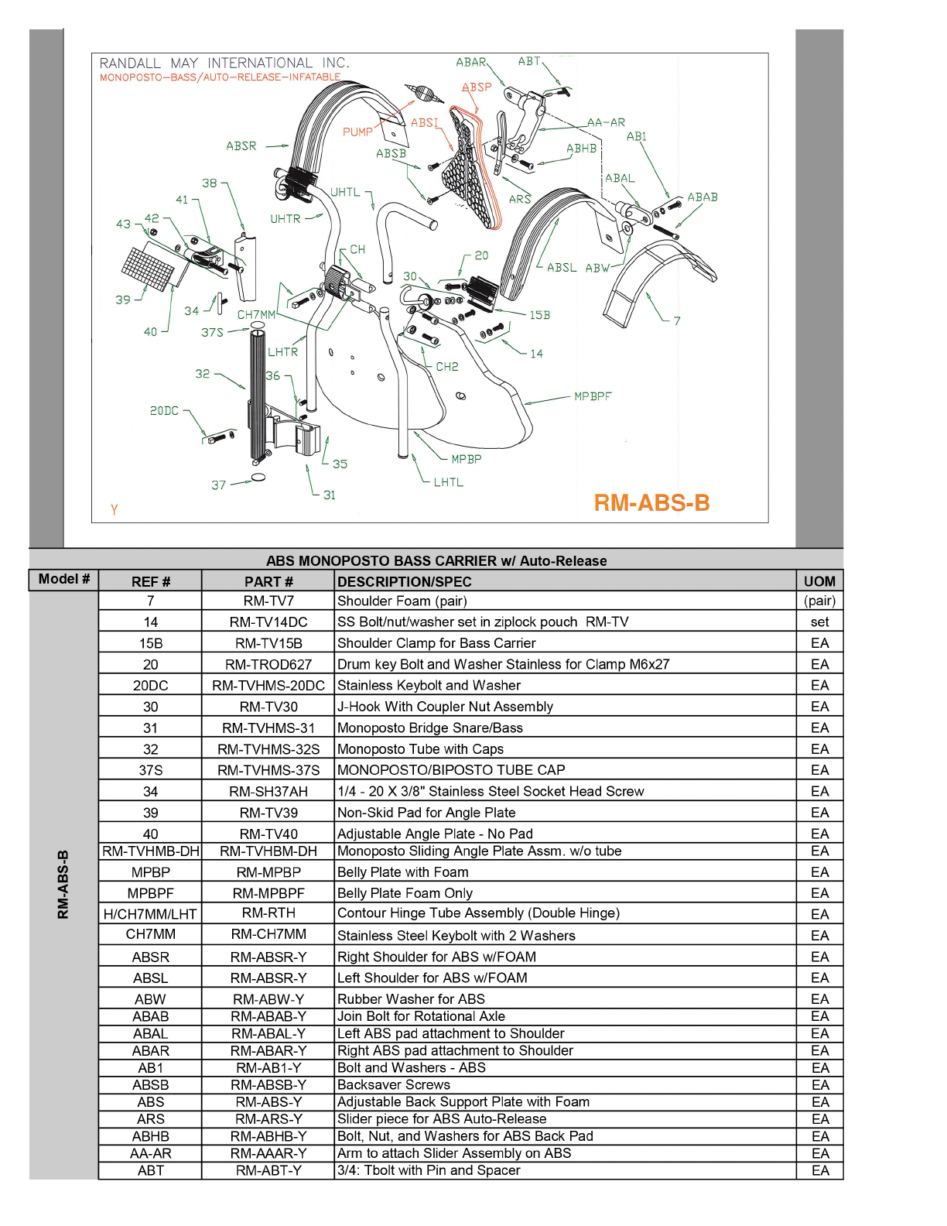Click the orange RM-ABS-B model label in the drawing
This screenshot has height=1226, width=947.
(x=651, y=503)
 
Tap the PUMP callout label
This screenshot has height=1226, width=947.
(x=357, y=132)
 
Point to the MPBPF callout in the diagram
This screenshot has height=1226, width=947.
(x=593, y=396)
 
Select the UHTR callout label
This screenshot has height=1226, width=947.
(x=285, y=219)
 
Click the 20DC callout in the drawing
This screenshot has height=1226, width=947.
(x=164, y=411)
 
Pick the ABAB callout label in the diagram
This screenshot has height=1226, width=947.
(x=702, y=197)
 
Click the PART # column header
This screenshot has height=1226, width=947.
(x=268, y=582)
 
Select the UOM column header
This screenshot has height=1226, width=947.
(x=819, y=582)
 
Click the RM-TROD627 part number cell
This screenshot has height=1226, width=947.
(x=268, y=665)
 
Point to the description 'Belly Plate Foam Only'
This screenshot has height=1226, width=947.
(x=405, y=893)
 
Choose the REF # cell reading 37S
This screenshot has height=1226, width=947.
(x=151, y=770)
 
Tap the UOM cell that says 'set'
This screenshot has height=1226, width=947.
(x=819, y=622)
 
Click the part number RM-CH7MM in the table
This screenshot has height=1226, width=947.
(x=268, y=934)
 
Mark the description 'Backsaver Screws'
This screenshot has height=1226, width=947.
(x=394, y=1085)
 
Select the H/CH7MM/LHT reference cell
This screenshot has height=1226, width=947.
(x=151, y=914)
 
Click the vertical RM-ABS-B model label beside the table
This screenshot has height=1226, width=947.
(x=63, y=884)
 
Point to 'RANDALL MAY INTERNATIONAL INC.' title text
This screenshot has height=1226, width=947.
(x=224, y=63)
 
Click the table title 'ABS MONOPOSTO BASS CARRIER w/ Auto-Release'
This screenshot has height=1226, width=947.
(x=436, y=561)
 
